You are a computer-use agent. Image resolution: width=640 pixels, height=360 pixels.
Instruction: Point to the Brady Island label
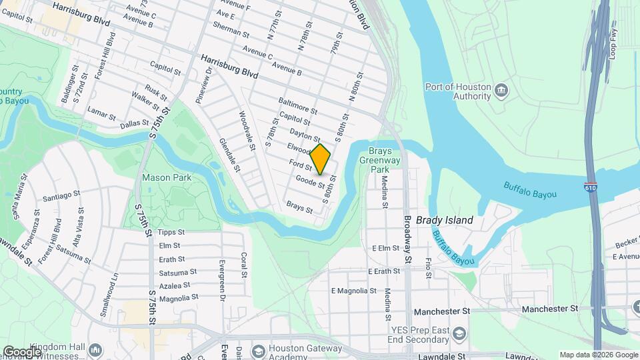444,220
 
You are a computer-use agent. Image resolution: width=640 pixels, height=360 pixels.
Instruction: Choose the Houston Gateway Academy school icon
257,351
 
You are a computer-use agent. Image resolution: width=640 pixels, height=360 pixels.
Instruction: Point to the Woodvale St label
247,131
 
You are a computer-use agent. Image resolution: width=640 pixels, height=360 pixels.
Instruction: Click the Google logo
22,351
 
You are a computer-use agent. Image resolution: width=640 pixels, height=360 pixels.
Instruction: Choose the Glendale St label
229,156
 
